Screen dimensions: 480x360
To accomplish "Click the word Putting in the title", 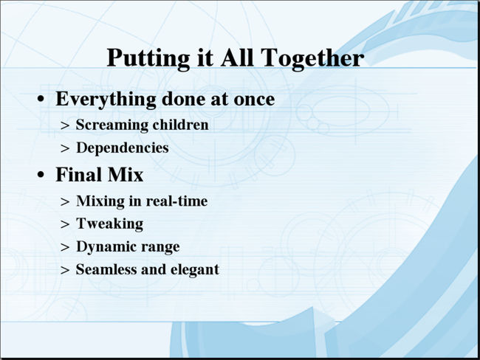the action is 148,59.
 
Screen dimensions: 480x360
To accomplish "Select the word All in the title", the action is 237,58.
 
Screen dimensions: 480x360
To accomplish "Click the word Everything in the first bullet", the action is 106,100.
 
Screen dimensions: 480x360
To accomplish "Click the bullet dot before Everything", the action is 41,100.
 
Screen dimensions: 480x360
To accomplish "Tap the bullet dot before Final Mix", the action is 41,175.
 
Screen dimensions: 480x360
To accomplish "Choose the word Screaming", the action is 112,125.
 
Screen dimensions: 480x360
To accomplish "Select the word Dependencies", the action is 123,148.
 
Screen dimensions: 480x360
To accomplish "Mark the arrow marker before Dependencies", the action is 65,149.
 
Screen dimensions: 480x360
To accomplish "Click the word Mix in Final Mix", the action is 126,175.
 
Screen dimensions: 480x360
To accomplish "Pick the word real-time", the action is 176,201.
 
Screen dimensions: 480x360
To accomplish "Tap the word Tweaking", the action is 109,224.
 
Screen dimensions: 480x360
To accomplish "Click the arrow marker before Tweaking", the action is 65,224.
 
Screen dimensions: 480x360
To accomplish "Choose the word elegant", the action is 195,270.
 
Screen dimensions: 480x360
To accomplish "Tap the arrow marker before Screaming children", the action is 65,125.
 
